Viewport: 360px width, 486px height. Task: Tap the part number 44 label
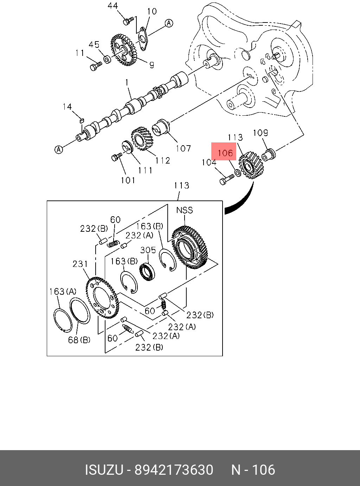tap(112, 6)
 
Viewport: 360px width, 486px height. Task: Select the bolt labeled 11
tap(95, 66)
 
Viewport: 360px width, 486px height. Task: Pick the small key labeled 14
tap(82, 121)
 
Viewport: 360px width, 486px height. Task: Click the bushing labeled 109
tap(269, 154)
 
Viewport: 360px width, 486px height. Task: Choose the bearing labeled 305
tap(147, 272)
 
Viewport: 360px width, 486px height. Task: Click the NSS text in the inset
tap(184, 210)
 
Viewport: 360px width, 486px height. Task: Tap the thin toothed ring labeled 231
tap(103, 298)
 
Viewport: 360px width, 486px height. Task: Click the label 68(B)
tap(79, 340)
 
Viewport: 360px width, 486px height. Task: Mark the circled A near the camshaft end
tap(58, 149)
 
